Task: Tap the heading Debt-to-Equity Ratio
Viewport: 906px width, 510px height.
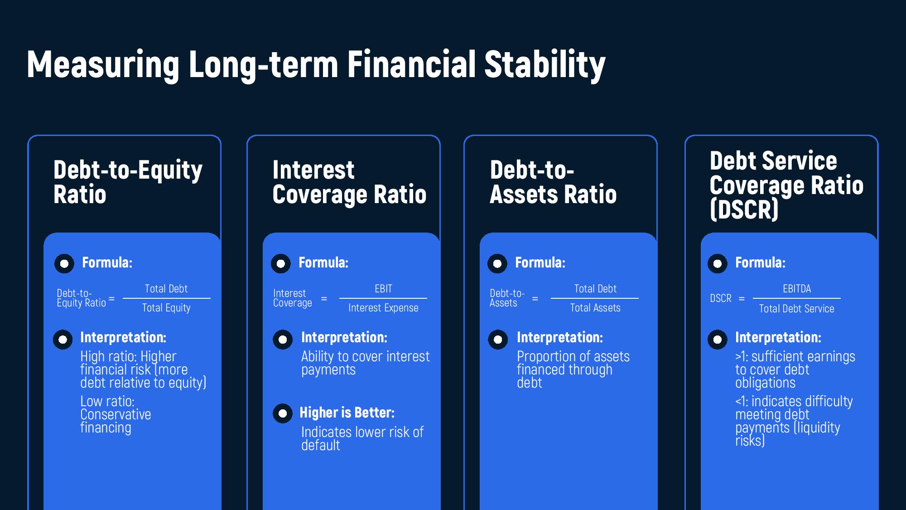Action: (128, 182)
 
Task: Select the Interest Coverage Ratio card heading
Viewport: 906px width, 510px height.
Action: (349, 182)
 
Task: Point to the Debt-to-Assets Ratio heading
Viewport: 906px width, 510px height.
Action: (553, 182)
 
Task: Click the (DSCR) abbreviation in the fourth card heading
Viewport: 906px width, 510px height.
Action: (744, 209)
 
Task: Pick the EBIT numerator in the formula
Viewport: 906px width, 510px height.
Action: (383, 289)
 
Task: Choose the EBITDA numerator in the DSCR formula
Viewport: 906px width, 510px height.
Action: (797, 289)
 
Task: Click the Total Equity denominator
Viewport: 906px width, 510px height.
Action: (166, 308)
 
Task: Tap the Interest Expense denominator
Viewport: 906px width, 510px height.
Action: (383, 308)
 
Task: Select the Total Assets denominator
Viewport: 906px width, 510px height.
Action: (595, 308)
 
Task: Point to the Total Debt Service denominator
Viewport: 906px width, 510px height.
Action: (796, 309)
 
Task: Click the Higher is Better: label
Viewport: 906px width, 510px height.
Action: (347, 413)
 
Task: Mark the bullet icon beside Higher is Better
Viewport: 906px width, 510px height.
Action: (283, 413)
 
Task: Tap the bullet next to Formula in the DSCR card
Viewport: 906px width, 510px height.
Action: (718, 263)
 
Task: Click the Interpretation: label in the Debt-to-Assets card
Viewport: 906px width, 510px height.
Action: (560, 337)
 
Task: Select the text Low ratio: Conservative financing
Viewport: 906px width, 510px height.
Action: (116, 414)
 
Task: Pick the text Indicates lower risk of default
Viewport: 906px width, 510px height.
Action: (362, 438)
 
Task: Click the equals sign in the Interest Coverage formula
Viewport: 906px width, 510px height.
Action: (324, 299)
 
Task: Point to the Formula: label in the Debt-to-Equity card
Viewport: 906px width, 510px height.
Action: (107, 262)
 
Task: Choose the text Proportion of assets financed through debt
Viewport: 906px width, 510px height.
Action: (573, 369)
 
